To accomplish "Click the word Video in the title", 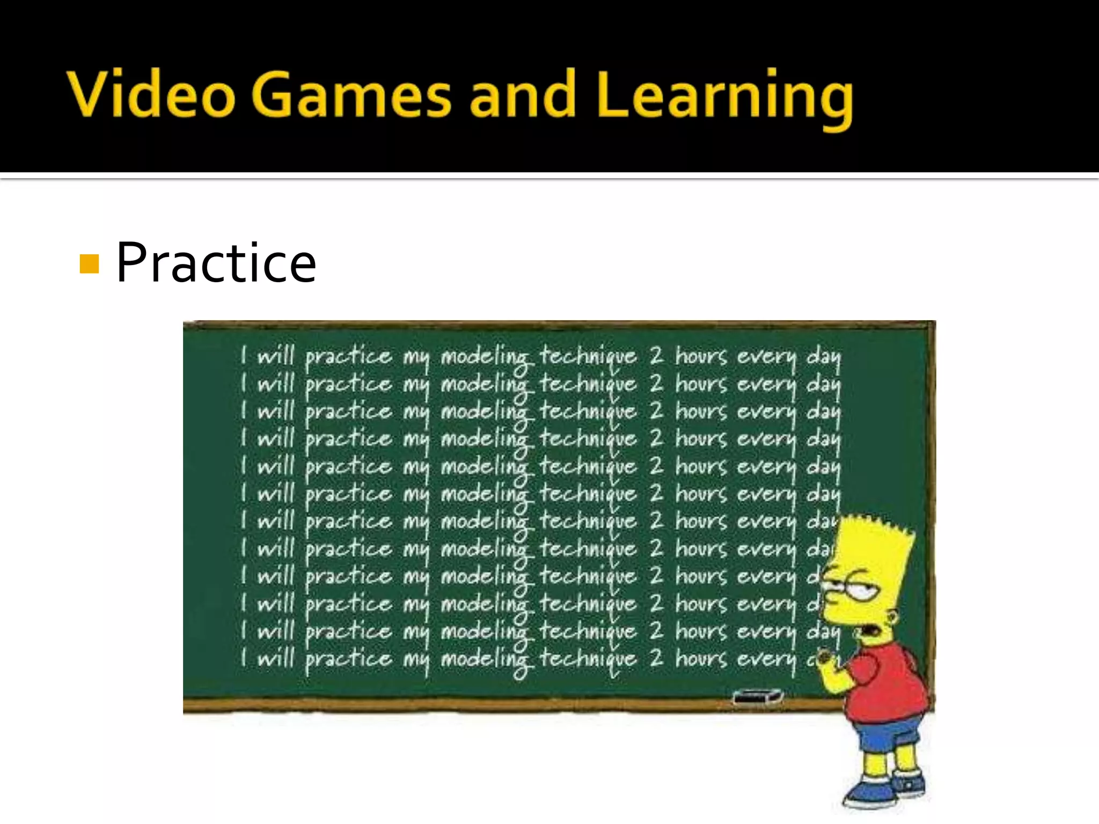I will point(151,95).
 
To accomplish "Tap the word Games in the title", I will point(351,95).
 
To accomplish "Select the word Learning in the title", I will point(724,97).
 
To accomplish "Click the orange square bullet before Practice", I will point(89,264).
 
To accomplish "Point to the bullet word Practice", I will point(216,263).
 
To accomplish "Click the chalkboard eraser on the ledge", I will point(757,697).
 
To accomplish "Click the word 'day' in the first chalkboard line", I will point(824,357).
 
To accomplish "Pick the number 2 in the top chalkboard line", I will point(656,355).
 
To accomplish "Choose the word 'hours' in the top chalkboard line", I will point(701,356).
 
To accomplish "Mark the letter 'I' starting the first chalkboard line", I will point(244,355).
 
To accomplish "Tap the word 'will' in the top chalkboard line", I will point(276,355).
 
